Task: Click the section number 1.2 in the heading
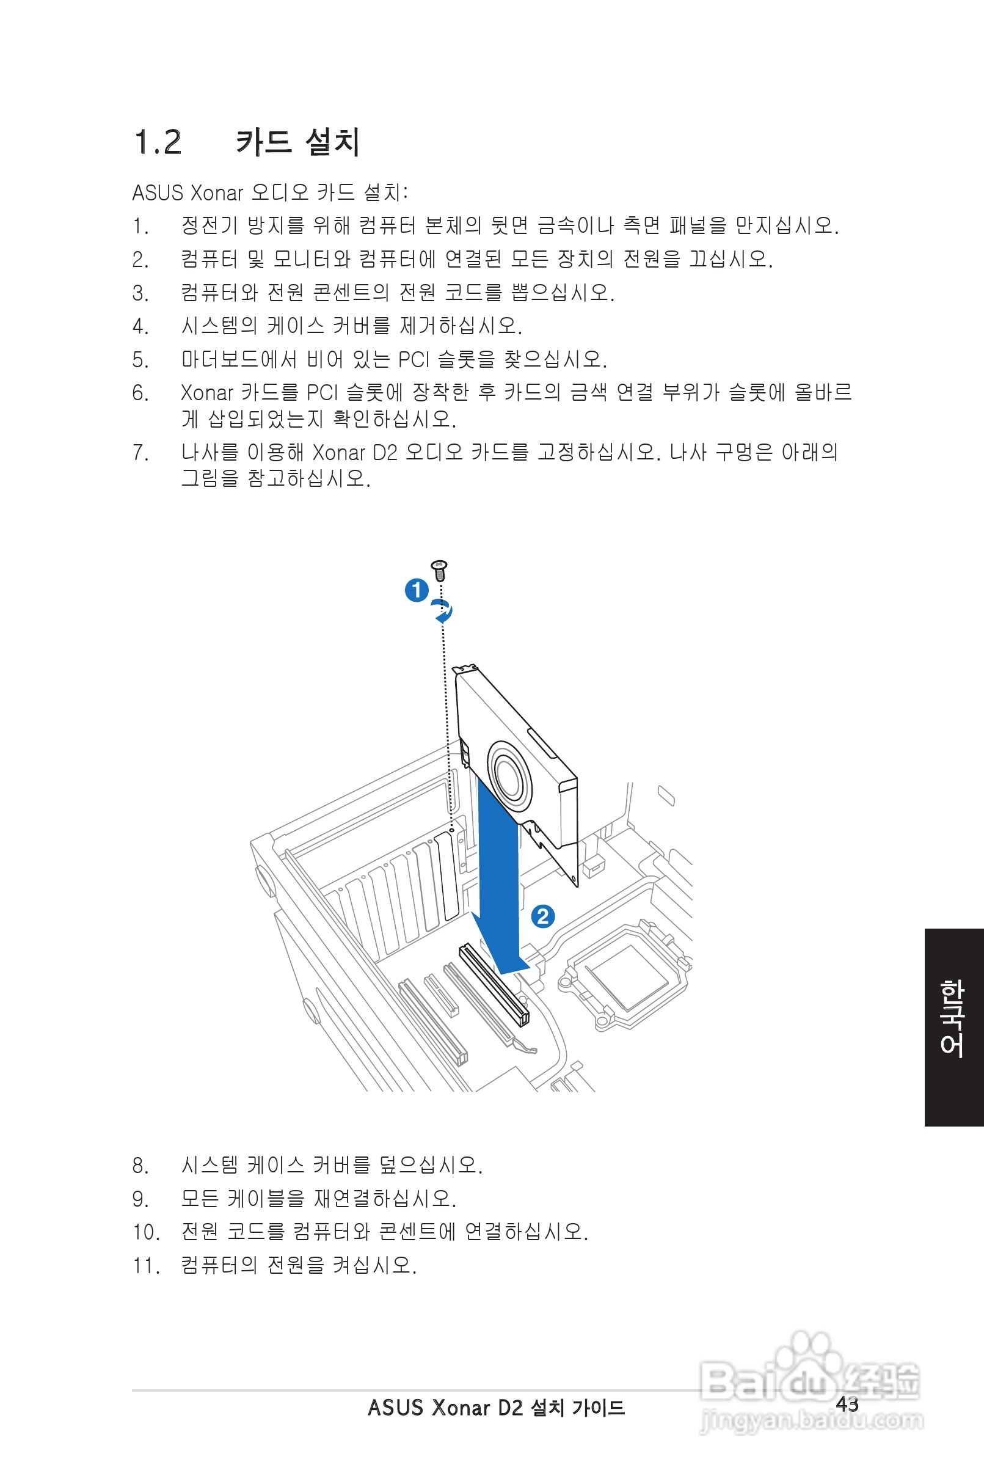pyautogui.click(x=158, y=142)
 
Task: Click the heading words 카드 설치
pyautogui.click(x=297, y=142)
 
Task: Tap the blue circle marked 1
pyautogui.click(x=416, y=590)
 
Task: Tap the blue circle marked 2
pyautogui.click(x=543, y=916)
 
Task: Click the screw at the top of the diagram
pyautogui.click(x=439, y=570)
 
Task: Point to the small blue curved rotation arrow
pyautogui.click(x=443, y=610)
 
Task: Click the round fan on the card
pyautogui.click(x=509, y=778)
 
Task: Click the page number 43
pyautogui.click(x=847, y=1404)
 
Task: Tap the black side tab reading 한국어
pyautogui.click(x=953, y=1028)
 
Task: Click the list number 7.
pyautogui.click(x=139, y=453)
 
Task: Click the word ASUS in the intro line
pyautogui.click(x=158, y=192)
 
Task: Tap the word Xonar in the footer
pyautogui.click(x=461, y=1408)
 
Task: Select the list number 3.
pyautogui.click(x=139, y=293)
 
